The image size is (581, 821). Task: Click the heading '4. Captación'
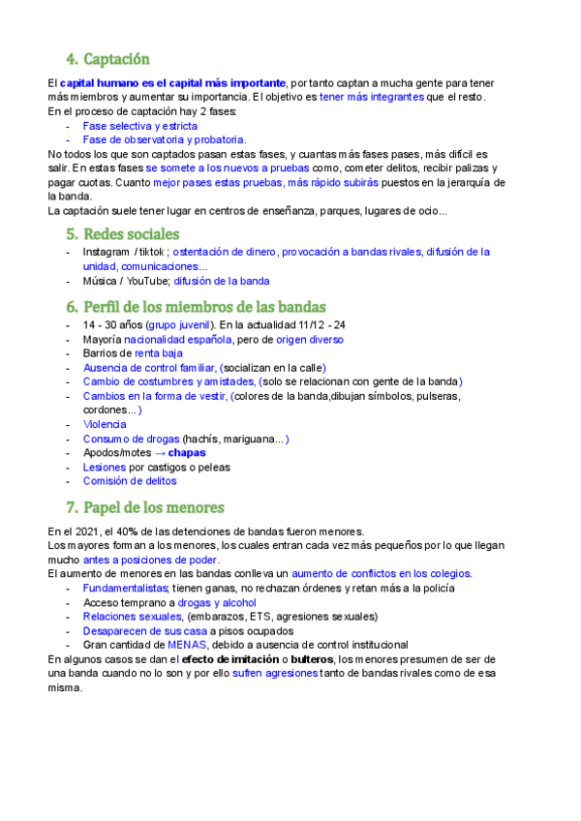coord(107,58)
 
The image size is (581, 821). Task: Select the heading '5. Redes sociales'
coord(122,233)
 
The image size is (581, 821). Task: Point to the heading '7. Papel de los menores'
coord(144,507)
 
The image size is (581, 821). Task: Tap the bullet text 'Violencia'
coord(105,424)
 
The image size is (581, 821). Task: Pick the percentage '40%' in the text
coord(127,531)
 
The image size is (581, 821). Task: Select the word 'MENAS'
coord(187,645)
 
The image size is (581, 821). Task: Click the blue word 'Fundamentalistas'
coord(125,588)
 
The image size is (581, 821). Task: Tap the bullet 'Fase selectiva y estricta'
coord(139,126)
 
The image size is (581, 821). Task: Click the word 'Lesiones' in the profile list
coord(105,467)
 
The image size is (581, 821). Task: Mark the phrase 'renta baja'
coord(158,353)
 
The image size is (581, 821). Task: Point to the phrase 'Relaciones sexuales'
coord(133,616)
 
